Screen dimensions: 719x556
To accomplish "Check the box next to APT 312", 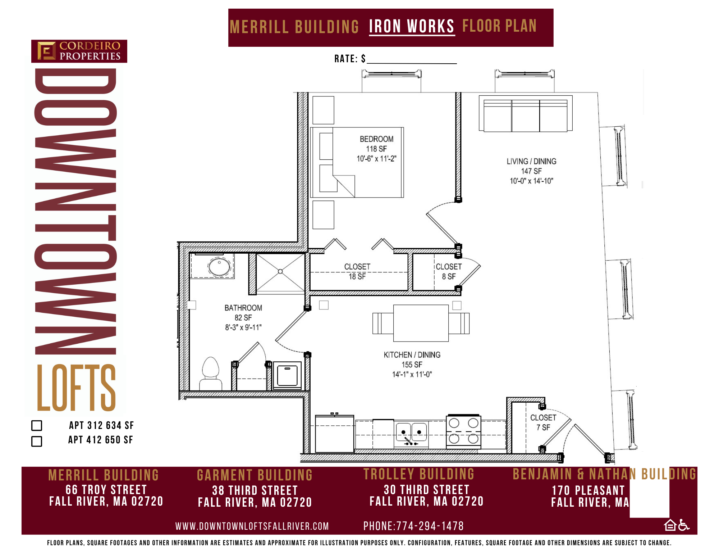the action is click(x=37, y=425).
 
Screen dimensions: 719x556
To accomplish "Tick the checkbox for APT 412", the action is click(x=37, y=441).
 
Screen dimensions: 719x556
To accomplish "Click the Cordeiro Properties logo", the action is click(x=79, y=51).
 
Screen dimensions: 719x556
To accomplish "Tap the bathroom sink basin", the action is click(x=219, y=267).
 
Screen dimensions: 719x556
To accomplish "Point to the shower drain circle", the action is click(x=280, y=271).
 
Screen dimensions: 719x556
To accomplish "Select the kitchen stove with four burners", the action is click(x=464, y=431).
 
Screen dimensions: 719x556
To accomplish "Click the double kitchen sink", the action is click(x=412, y=433).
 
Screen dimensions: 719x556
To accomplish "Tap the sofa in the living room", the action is click(x=526, y=113).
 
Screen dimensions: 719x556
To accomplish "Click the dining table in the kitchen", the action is click(x=421, y=323).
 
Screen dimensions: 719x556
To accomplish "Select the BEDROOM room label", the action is click(x=376, y=139).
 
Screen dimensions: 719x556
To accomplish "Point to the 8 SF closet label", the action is click(x=449, y=272).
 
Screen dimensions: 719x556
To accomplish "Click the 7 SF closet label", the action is click(x=543, y=422).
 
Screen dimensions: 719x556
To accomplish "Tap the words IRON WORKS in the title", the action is click(x=412, y=27).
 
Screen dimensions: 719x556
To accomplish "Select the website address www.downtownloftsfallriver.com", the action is click(x=252, y=526).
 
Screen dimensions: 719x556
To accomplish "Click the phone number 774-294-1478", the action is click(x=430, y=526).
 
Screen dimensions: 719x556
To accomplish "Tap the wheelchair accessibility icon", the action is click(x=684, y=525).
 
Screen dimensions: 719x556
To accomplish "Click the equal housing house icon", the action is click(x=670, y=525).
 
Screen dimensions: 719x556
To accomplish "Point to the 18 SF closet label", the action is click(x=357, y=272).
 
